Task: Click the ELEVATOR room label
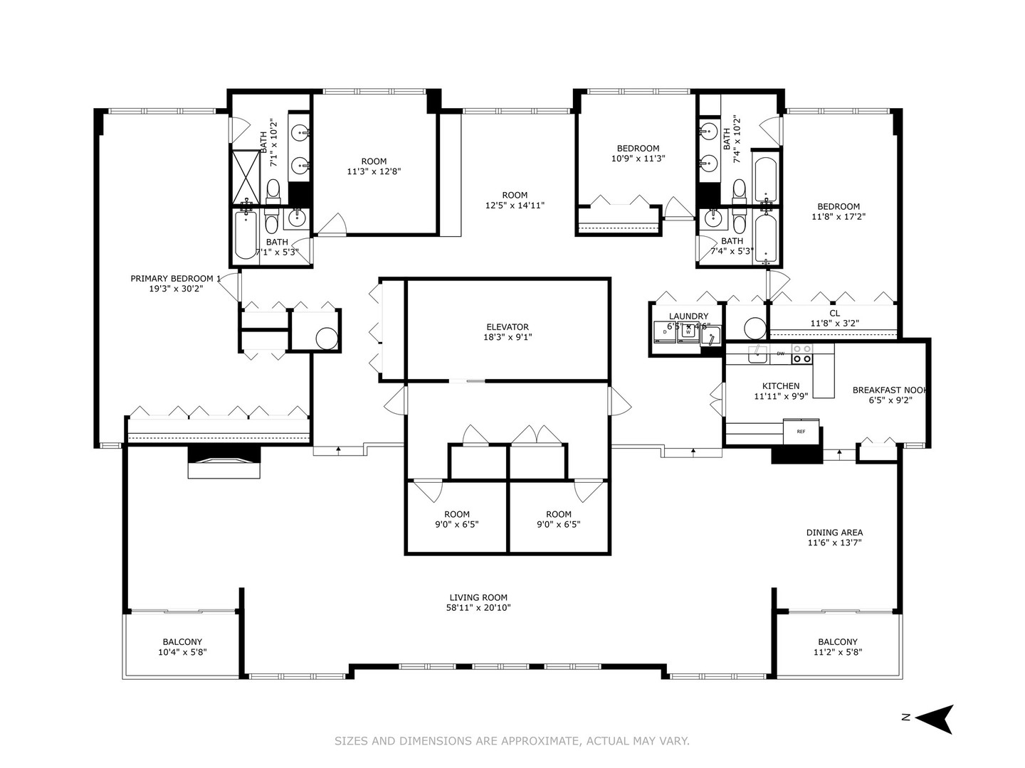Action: tap(508, 327)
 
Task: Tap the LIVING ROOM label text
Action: tap(478, 597)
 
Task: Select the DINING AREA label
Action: tap(834, 533)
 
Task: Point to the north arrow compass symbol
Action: tap(934, 719)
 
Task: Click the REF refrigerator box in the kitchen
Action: tap(801, 432)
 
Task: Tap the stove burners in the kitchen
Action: tap(802, 353)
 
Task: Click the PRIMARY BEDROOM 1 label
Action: tap(176, 278)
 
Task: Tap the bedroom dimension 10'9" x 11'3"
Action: tap(638, 159)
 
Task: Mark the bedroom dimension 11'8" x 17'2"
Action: tap(839, 217)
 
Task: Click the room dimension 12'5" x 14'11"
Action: tap(515, 206)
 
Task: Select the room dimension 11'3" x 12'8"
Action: tap(374, 171)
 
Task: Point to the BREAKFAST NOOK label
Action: tap(890, 390)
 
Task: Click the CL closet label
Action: tap(834, 313)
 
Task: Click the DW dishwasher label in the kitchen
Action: tap(780, 353)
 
